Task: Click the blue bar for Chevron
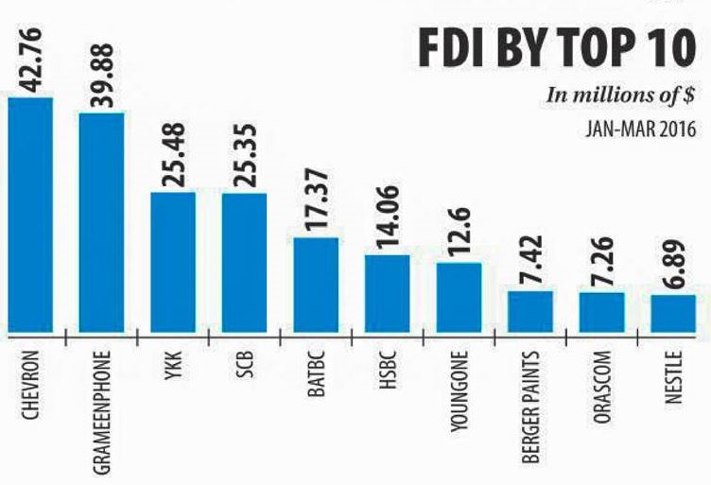pos(30,214)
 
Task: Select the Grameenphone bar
pos(101,222)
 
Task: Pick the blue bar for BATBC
pos(316,285)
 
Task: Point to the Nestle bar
pos(673,313)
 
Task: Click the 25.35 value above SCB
pos(245,156)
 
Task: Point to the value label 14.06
pos(388,217)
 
